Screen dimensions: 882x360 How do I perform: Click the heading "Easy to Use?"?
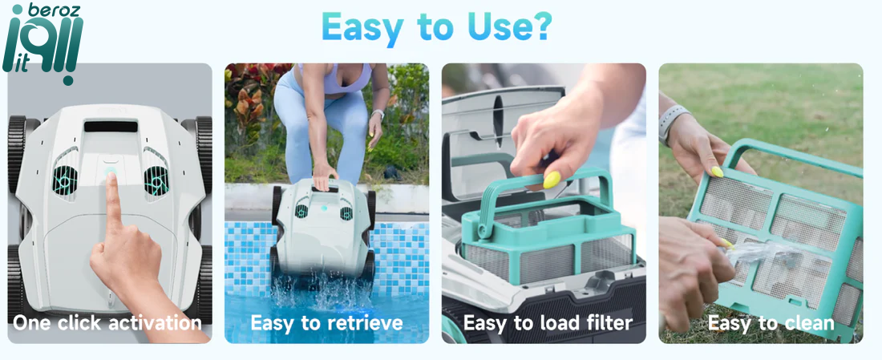tap(436, 26)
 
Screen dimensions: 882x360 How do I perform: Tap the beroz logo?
tap(42, 44)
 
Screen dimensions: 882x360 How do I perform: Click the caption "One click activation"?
tap(107, 323)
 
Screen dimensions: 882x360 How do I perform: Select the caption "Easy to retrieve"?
tap(326, 323)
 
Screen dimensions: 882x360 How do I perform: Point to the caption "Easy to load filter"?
tap(548, 323)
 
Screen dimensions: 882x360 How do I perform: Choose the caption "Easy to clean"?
tap(771, 323)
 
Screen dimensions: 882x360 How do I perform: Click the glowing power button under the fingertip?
tap(111, 171)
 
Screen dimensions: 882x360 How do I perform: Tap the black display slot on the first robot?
tap(111, 126)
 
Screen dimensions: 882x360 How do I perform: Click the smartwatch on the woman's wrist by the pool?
tap(378, 115)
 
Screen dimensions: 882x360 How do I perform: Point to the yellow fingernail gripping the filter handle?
tap(552, 180)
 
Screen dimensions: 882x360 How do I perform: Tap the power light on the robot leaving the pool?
tap(324, 208)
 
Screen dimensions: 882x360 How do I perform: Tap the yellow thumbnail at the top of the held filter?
tap(717, 172)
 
